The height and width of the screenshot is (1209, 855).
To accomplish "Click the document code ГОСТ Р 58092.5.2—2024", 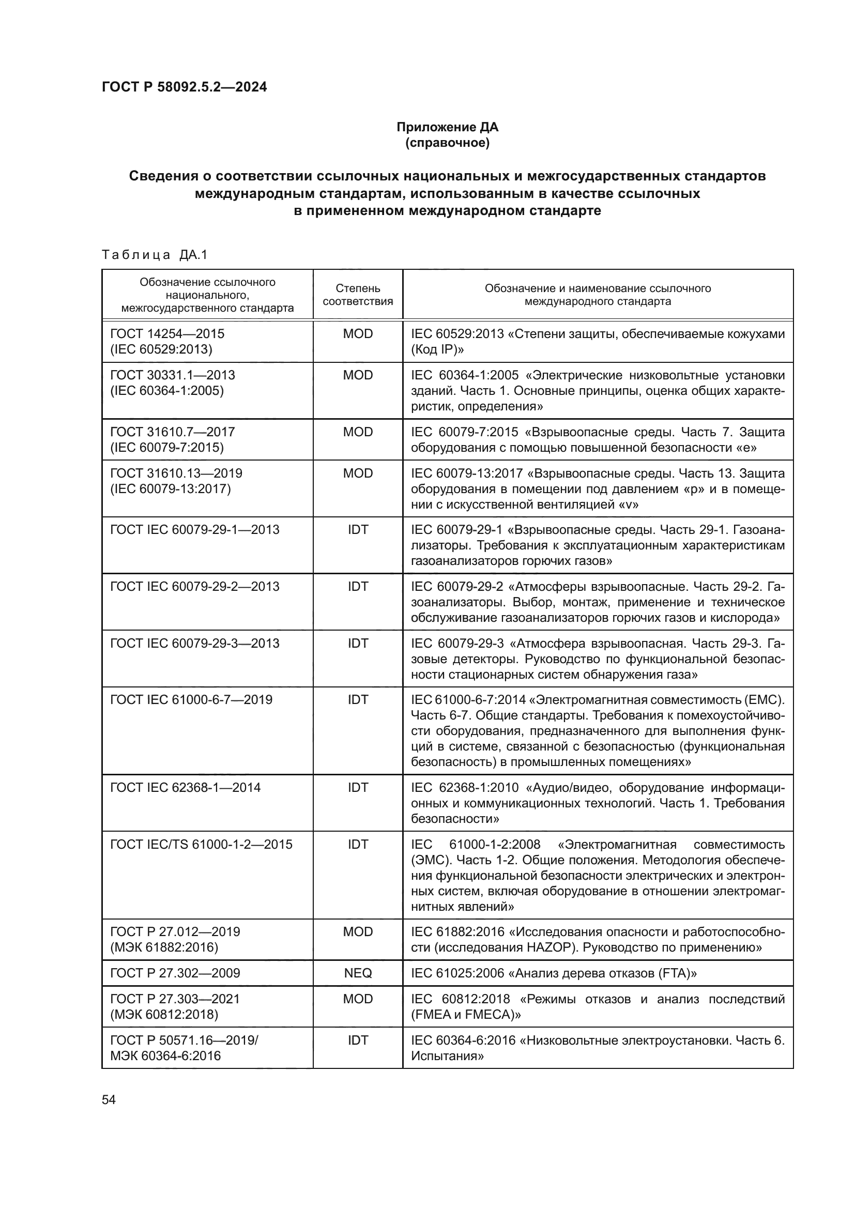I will point(184,87).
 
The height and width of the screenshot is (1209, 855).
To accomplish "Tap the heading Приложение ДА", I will point(447,127).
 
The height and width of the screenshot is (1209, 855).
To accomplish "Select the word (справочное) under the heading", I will point(447,143).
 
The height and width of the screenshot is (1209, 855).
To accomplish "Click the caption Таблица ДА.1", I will point(155,255).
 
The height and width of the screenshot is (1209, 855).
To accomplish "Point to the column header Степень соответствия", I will point(358,294).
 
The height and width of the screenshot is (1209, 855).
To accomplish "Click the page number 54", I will point(109,1099).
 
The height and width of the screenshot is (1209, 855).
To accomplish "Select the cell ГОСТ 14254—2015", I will point(167,334).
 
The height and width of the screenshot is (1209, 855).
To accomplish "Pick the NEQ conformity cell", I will point(358,973).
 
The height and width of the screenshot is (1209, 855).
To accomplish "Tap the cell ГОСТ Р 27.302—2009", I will point(175,973).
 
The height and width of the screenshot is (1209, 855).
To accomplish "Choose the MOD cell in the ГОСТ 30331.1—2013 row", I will point(358,375).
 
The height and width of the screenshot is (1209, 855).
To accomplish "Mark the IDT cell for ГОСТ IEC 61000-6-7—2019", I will point(358,700).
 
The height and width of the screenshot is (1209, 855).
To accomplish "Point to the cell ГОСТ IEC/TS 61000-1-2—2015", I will point(201,845).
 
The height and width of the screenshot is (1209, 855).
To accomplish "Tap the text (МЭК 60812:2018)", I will point(164,1015).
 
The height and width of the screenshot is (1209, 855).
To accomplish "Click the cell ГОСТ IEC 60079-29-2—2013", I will point(195,587).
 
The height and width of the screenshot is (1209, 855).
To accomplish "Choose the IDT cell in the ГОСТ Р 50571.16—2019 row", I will point(358,1040).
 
